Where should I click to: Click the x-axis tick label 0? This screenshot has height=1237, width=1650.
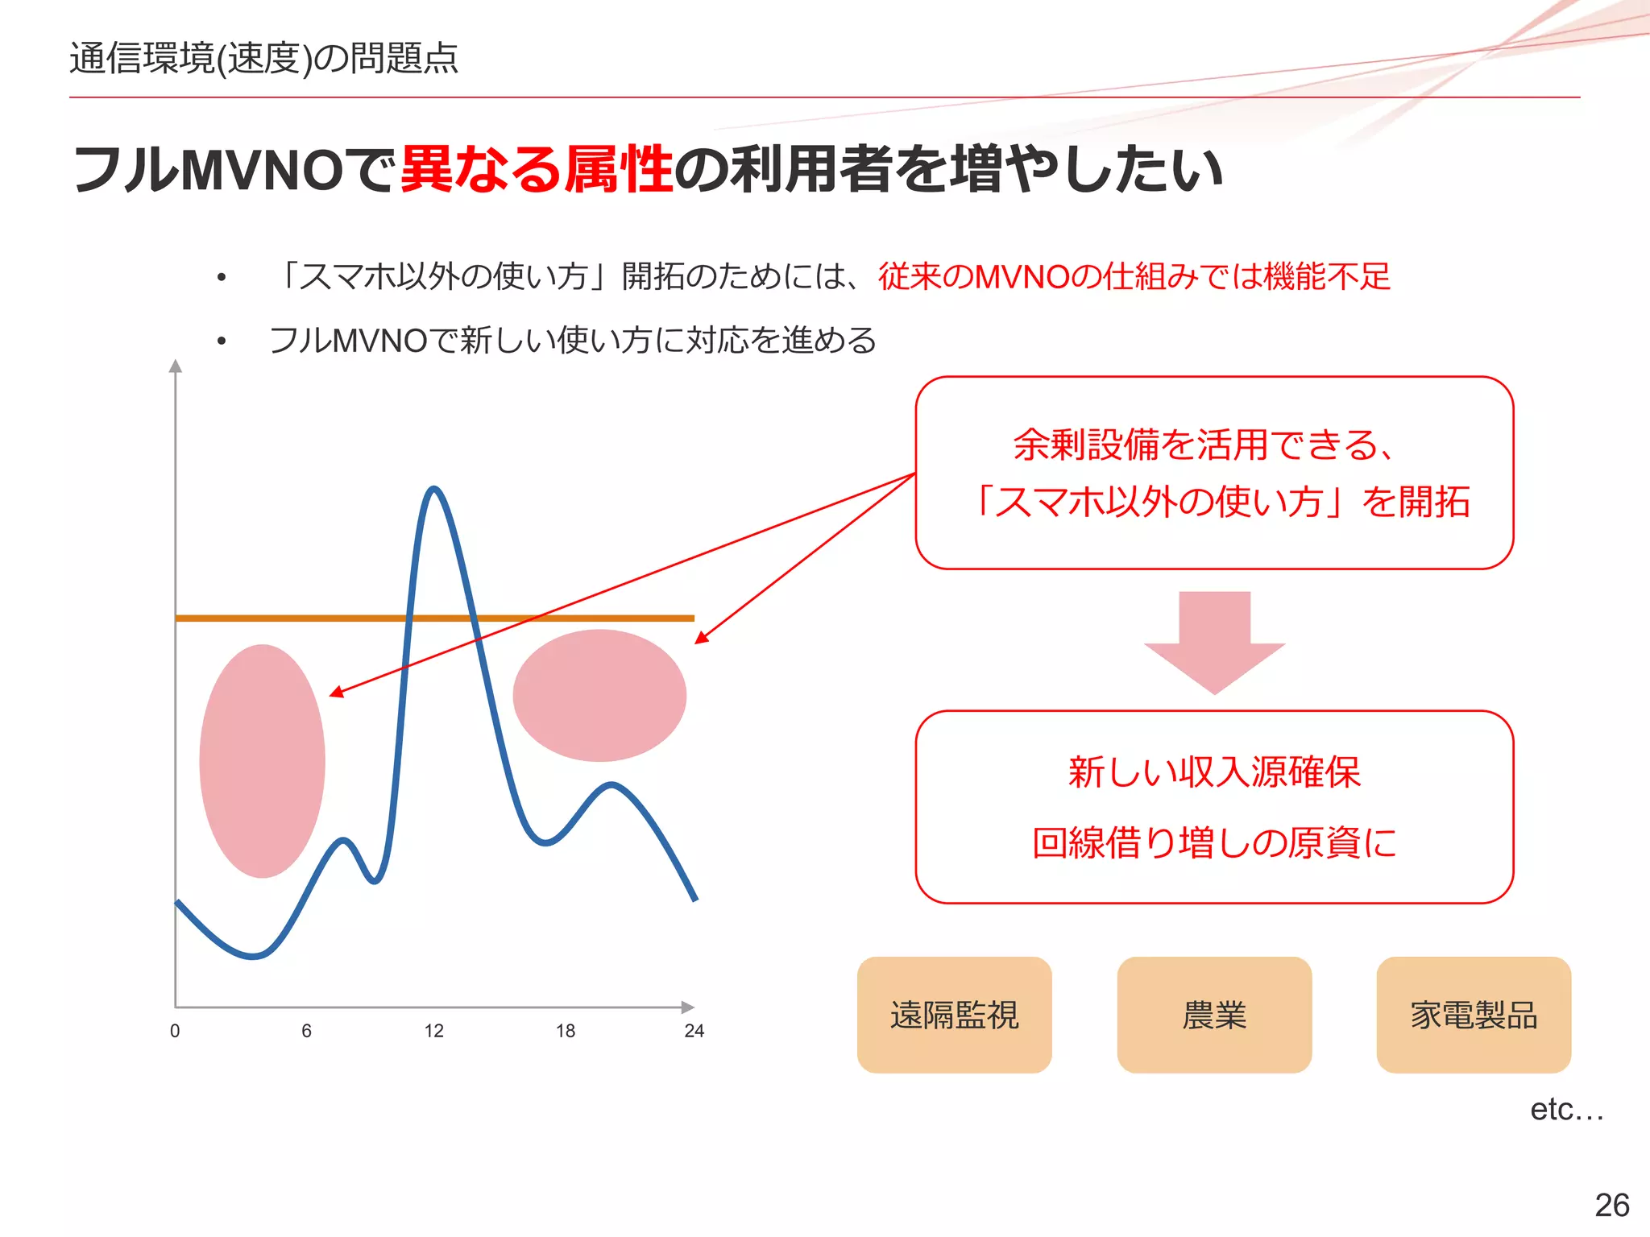pos(175,1031)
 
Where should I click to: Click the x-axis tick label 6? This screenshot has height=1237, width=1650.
pos(306,1031)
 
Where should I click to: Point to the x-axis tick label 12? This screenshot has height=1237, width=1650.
pos(434,1031)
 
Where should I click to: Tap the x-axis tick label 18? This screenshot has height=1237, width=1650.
pos(566,1031)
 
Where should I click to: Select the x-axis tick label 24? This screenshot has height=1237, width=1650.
pos(694,1031)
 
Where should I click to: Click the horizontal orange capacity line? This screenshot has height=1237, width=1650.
pos(322,618)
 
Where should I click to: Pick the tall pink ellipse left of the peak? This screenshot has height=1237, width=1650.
pos(263,760)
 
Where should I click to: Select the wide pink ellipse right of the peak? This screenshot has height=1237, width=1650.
pos(599,695)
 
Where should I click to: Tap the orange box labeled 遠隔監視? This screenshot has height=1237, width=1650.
pos(954,1015)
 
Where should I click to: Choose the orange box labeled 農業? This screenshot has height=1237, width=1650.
pos(1214,1015)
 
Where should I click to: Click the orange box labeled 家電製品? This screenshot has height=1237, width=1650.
pos(1474,1015)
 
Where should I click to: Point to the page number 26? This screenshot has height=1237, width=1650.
pos(1611,1206)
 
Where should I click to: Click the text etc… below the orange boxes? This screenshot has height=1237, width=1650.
pos(1566,1110)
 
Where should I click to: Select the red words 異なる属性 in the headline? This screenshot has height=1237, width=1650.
pos(537,169)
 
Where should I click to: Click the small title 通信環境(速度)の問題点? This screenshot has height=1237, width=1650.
pos(263,58)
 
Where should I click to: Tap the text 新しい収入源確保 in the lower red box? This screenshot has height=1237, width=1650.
pos(1214,772)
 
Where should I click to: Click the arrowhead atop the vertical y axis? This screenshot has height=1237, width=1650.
pos(176,366)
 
